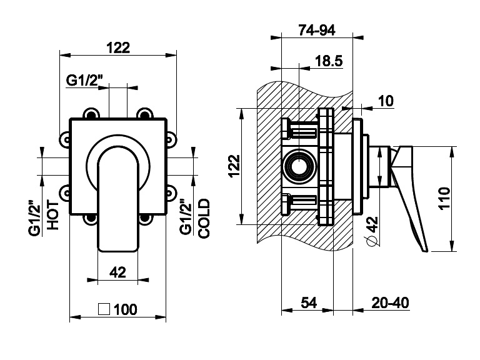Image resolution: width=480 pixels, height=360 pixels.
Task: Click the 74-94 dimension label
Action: [x=317, y=29]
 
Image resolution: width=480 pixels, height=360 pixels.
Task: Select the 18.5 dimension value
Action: [x=328, y=61]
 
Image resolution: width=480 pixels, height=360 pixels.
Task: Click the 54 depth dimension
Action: [x=309, y=303]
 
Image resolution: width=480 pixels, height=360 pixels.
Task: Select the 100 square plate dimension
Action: [x=126, y=309]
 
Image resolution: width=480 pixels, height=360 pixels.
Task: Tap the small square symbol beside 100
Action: [x=105, y=308]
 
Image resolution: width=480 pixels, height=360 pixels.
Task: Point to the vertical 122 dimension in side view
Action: [x=232, y=167]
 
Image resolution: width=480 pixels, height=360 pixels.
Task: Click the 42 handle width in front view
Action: [x=118, y=272]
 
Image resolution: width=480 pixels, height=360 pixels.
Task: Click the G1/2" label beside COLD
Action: [x=186, y=217]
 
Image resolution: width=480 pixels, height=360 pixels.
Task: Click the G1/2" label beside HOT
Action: [x=34, y=217]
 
